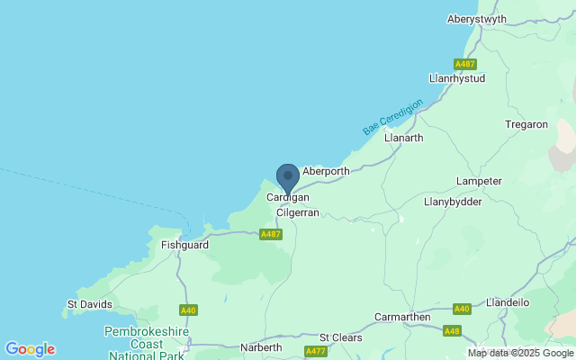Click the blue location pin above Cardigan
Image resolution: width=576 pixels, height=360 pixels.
(x=287, y=176)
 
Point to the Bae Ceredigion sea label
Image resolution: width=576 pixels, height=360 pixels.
(x=392, y=117)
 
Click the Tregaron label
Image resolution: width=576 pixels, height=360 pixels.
(x=526, y=124)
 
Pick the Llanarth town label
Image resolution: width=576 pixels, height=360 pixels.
(x=403, y=138)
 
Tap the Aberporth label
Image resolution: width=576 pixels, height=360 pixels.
(x=326, y=170)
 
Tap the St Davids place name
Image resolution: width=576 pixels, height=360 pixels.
(x=90, y=304)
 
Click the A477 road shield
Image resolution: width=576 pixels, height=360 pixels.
(x=315, y=351)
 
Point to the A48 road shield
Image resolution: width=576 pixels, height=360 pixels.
(x=451, y=331)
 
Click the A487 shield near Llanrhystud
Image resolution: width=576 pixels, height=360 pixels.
(x=465, y=64)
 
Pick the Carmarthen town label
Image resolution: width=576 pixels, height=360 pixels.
(x=403, y=318)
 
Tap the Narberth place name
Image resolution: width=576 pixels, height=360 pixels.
(x=262, y=347)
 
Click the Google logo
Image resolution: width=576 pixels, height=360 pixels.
(x=30, y=349)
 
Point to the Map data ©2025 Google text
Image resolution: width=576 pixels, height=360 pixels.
(x=519, y=354)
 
